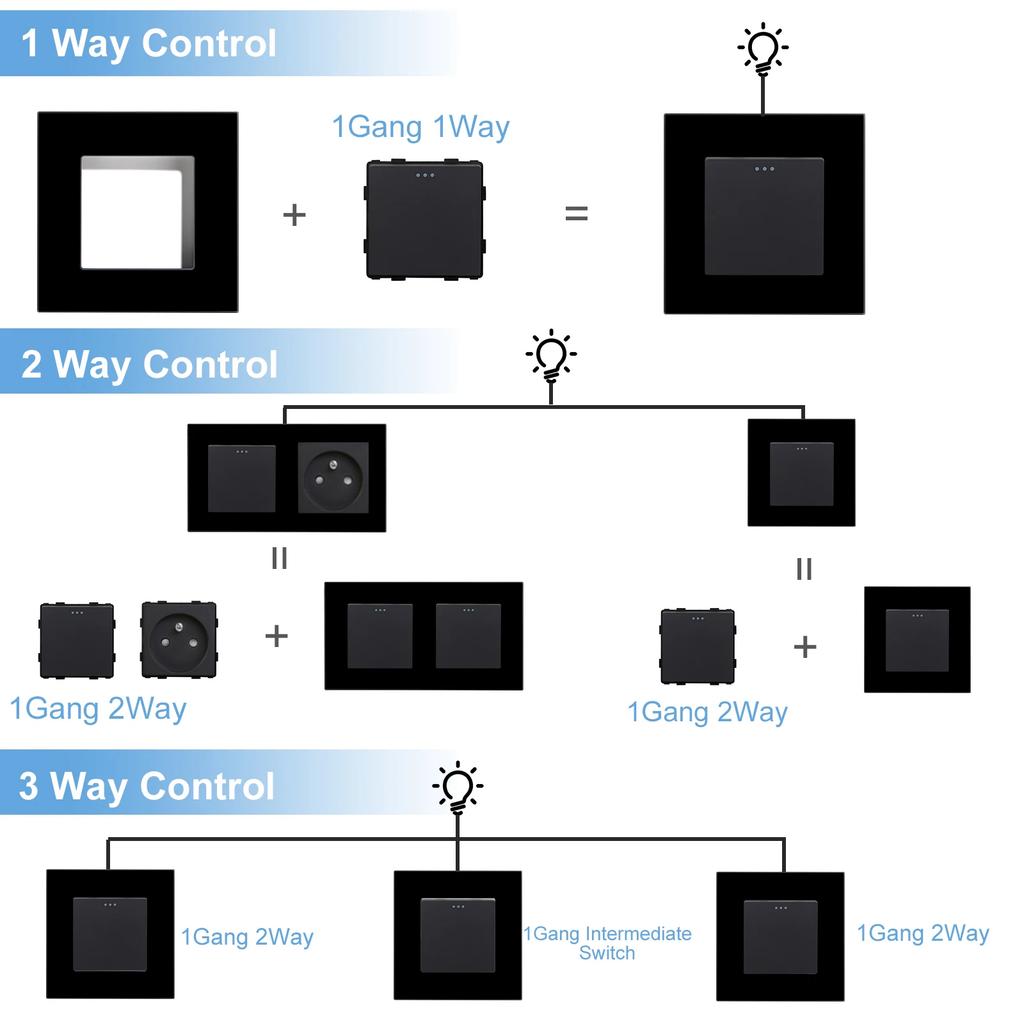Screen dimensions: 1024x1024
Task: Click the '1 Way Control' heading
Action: coord(148,44)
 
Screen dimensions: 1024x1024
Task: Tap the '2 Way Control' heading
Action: coord(149,365)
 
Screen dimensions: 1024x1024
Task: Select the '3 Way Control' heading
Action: coord(147,786)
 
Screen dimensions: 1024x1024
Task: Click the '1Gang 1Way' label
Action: coord(420,127)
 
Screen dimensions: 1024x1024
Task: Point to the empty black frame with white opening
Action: coord(138,212)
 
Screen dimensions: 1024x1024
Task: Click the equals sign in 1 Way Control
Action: coord(577,213)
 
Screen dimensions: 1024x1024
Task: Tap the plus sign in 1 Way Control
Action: coord(294,214)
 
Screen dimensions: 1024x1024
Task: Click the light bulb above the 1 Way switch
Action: coord(763,49)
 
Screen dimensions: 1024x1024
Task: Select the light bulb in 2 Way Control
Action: coord(551,356)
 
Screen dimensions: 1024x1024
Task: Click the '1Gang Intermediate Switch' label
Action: coord(607,943)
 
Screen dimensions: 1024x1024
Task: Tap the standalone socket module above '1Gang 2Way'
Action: coord(179,639)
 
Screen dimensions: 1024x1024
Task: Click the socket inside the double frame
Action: coord(333,478)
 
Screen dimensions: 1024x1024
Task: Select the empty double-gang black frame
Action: coord(423,636)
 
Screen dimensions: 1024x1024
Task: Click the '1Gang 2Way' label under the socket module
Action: coord(98,709)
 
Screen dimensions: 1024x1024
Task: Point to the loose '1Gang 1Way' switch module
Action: coord(424,219)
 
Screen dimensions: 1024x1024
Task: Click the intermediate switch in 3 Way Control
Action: coord(457,935)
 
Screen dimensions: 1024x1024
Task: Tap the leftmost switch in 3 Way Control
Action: coord(110,934)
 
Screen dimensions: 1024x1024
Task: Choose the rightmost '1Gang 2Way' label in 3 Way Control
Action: coord(922,933)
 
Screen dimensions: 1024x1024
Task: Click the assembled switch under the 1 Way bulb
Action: coord(764,214)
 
